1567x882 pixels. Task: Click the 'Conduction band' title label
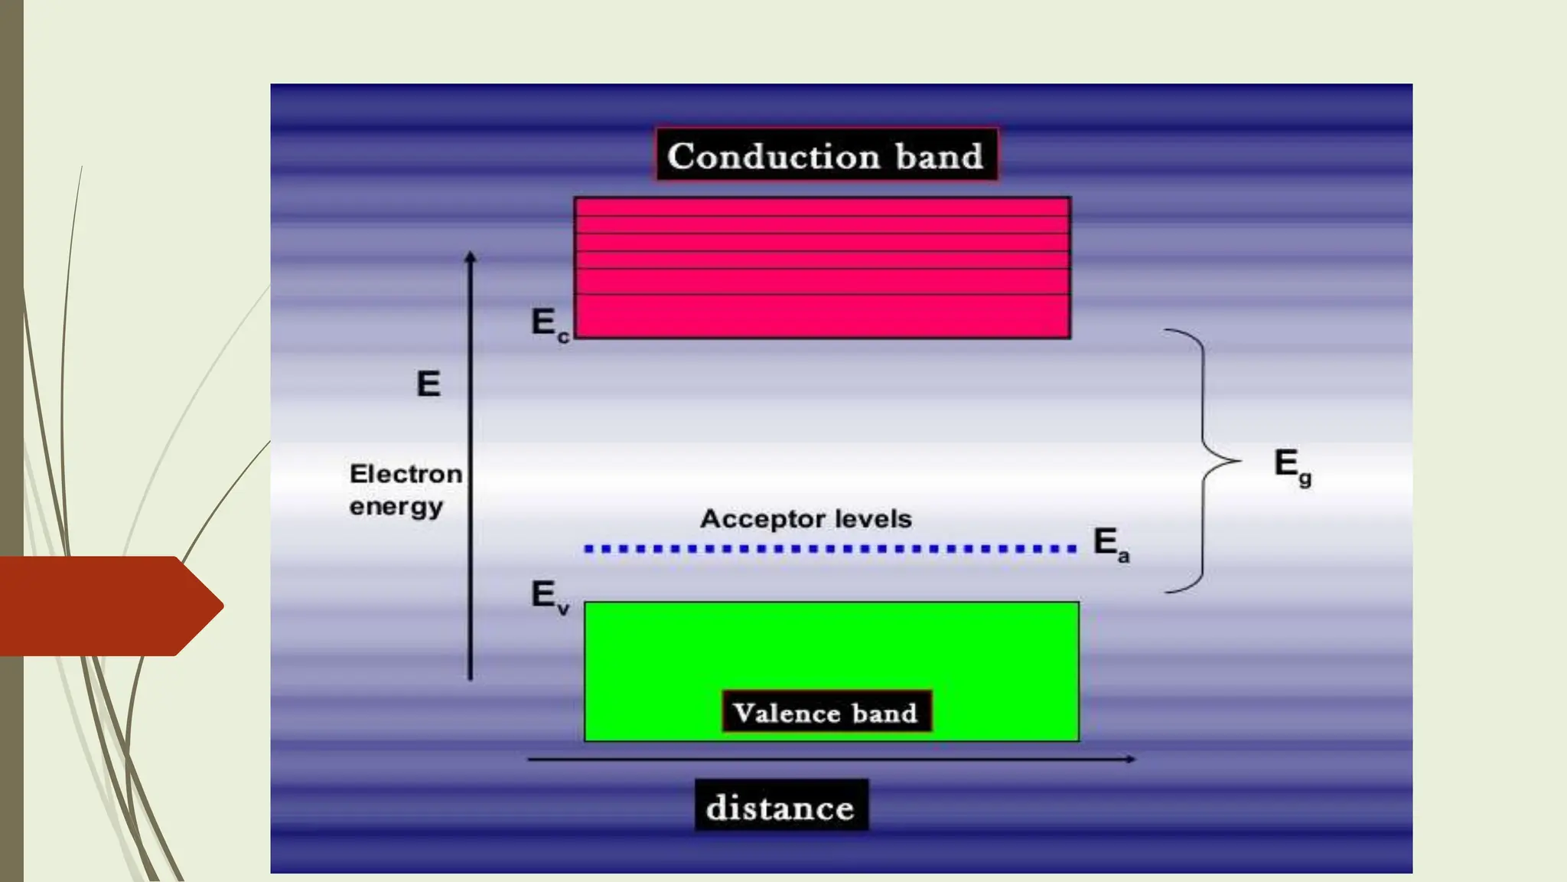(x=826, y=155)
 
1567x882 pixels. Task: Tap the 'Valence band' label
(x=826, y=713)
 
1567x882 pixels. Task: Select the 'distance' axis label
(x=780, y=807)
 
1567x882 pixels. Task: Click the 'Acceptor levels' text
(x=806, y=519)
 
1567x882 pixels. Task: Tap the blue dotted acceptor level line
(x=830, y=548)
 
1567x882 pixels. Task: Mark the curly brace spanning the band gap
(x=1204, y=461)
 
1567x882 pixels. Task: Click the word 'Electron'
(x=406, y=474)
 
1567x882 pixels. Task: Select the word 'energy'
(x=396, y=507)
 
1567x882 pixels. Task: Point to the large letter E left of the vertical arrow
(x=428, y=384)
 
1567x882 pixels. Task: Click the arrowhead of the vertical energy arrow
(x=471, y=257)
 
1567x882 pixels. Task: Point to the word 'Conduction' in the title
(x=774, y=156)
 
